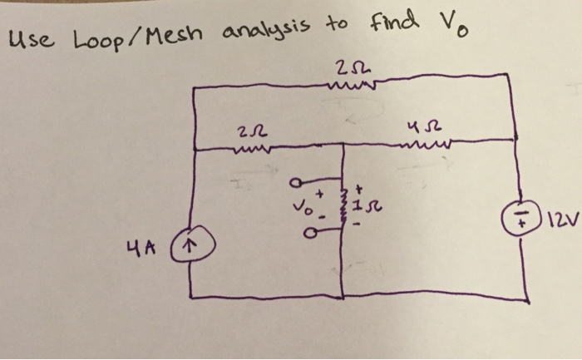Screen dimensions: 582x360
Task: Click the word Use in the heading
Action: tap(32, 40)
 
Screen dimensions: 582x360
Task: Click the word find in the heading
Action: tap(394, 22)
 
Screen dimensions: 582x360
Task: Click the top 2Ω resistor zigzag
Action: tap(351, 86)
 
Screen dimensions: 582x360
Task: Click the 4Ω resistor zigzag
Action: tap(426, 144)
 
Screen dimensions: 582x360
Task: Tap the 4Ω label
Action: tap(424, 128)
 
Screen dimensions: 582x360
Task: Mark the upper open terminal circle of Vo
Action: tap(296, 183)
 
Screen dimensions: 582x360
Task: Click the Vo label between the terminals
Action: tap(305, 208)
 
